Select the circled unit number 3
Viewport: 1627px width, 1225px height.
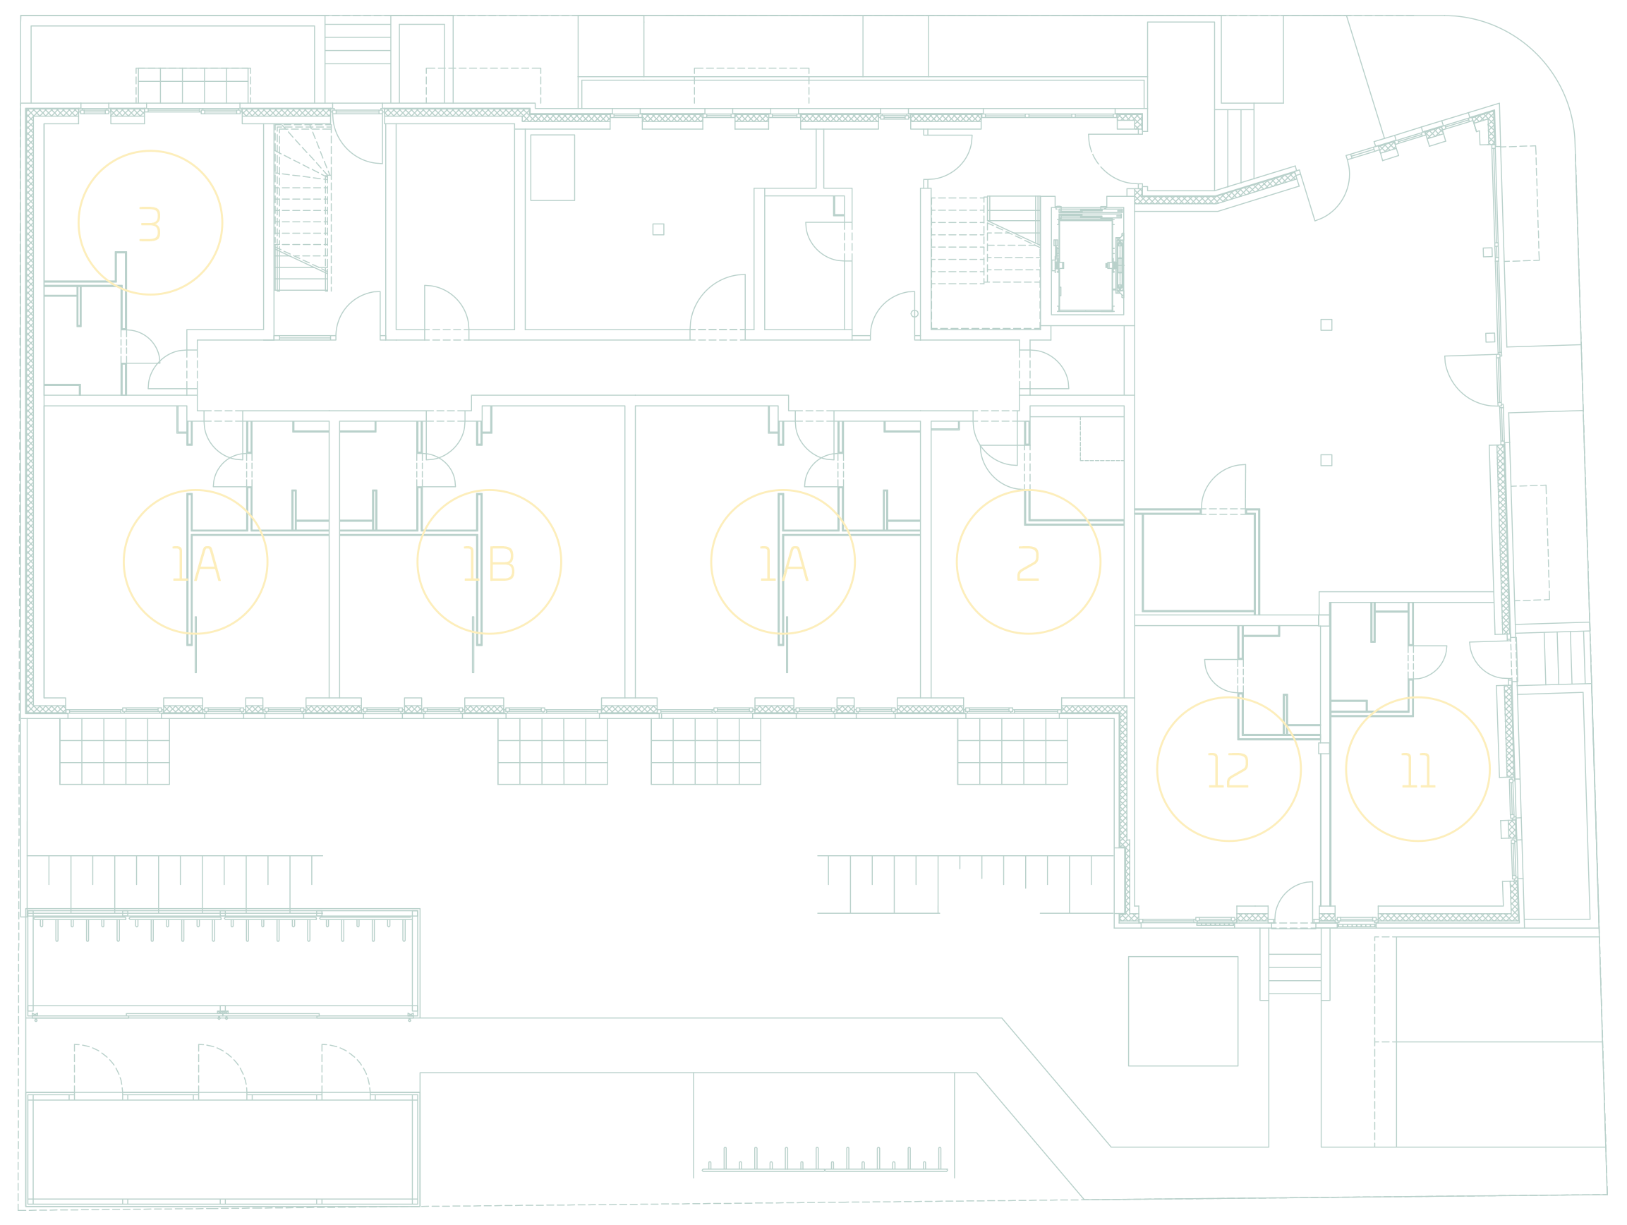click(x=150, y=223)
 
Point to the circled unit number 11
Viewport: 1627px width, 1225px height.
click(x=1417, y=769)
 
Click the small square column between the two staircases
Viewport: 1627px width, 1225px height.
click(x=658, y=229)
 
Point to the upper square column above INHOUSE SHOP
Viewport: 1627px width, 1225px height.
click(x=1326, y=325)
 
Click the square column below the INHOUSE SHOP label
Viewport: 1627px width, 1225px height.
click(x=1326, y=460)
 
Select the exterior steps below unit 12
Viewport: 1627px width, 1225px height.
click(x=1295, y=970)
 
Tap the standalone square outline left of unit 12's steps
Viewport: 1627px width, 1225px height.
click(x=1183, y=1010)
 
